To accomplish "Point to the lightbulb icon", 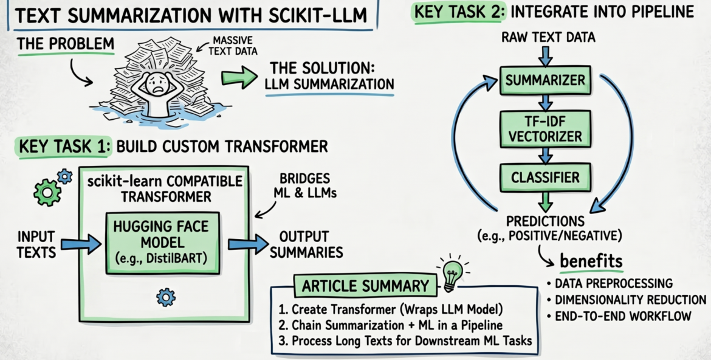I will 452,274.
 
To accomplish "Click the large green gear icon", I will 47,193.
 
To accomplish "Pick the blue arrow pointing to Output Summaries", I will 246,244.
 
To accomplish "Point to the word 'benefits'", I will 591,261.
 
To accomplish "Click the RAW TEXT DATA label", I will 548,38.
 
